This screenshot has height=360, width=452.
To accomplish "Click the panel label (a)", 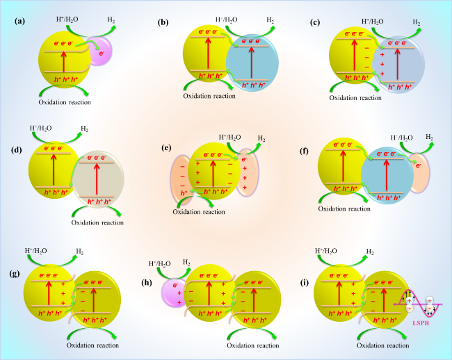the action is [x=20, y=21].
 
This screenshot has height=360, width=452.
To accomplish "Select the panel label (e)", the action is [x=167, y=148].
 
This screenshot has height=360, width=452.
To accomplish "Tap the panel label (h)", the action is [x=147, y=283].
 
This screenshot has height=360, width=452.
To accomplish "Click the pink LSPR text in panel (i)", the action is [x=421, y=323].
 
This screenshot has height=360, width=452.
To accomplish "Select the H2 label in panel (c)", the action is [x=417, y=22].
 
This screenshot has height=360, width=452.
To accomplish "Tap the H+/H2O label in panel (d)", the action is [x=40, y=128].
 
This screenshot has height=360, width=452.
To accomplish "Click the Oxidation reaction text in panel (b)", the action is [x=209, y=96].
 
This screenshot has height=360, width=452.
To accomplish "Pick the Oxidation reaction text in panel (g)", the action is [x=92, y=345].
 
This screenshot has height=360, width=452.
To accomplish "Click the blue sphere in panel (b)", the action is [x=252, y=63].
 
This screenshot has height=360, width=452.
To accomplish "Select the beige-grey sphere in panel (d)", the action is [x=98, y=179].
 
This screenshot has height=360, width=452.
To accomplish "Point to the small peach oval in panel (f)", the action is [x=419, y=173].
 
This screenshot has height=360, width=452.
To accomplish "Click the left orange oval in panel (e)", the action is [x=181, y=179].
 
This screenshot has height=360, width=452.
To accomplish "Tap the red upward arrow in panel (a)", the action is [x=64, y=61].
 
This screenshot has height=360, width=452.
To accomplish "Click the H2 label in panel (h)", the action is [x=186, y=263].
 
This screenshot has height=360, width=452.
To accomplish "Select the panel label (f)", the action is [x=305, y=151].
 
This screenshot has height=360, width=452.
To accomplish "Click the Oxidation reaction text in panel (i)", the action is [x=383, y=345].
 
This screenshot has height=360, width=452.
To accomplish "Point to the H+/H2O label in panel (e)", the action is [x=229, y=138].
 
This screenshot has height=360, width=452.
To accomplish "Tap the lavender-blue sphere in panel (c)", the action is [x=398, y=65].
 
